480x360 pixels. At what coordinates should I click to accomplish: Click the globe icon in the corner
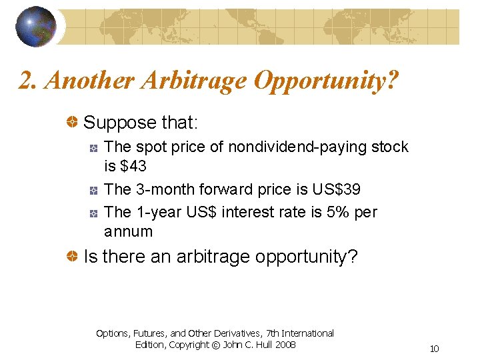36,26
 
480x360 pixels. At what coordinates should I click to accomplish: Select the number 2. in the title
27,81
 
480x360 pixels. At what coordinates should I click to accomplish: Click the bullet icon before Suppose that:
72,123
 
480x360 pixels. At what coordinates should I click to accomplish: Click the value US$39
336,189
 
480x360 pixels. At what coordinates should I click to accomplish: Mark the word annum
129,232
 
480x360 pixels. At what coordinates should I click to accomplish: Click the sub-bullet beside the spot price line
95,147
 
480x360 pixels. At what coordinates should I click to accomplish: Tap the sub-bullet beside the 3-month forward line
95,190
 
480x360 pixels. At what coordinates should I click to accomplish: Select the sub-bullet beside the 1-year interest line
95,213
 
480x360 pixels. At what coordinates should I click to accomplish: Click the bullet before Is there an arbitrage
72,256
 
